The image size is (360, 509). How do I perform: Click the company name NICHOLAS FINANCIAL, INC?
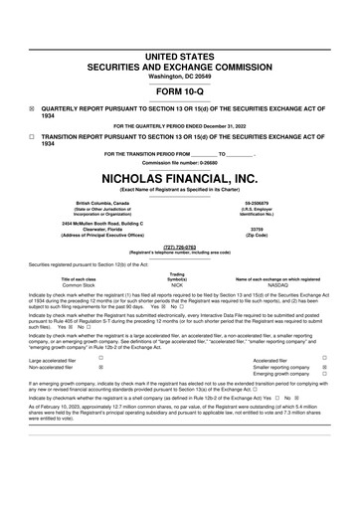(180, 178)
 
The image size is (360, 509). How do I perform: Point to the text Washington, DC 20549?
(180, 48)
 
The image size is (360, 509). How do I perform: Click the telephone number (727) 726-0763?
(180, 248)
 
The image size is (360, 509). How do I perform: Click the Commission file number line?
(180, 162)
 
